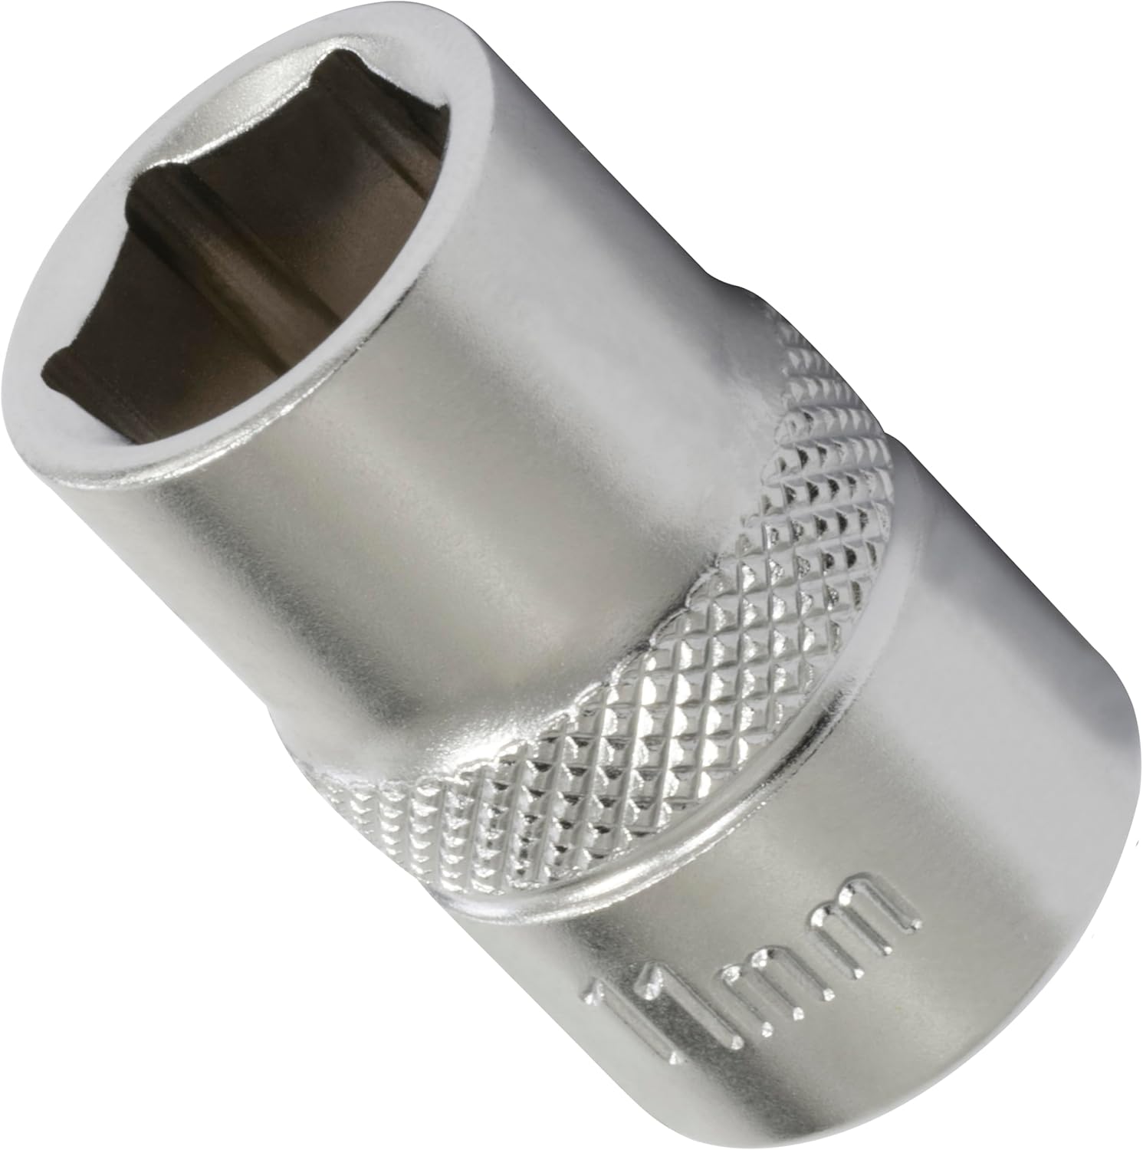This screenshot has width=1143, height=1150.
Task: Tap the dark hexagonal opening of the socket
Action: pyautogui.click(x=230, y=253)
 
